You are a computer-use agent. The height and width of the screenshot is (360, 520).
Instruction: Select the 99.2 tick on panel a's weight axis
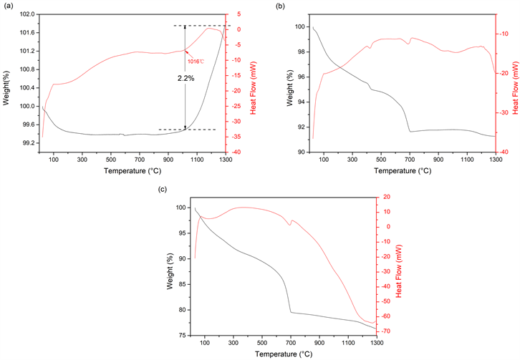[x=29, y=143]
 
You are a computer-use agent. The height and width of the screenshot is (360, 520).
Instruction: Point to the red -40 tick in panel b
[x=506, y=152]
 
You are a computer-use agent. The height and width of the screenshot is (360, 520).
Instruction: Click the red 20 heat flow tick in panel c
[x=387, y=197]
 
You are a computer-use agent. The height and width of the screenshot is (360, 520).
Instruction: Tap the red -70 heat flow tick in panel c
[x=387, y=331]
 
